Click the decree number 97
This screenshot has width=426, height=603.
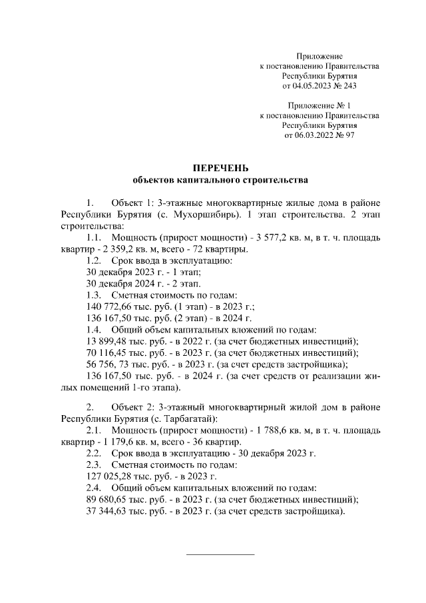[x=348, y=135]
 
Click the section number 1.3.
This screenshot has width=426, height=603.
[x=94, y=295]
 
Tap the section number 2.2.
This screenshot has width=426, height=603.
[x=94, y=453]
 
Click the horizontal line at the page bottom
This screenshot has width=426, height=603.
[x=220, y=554]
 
